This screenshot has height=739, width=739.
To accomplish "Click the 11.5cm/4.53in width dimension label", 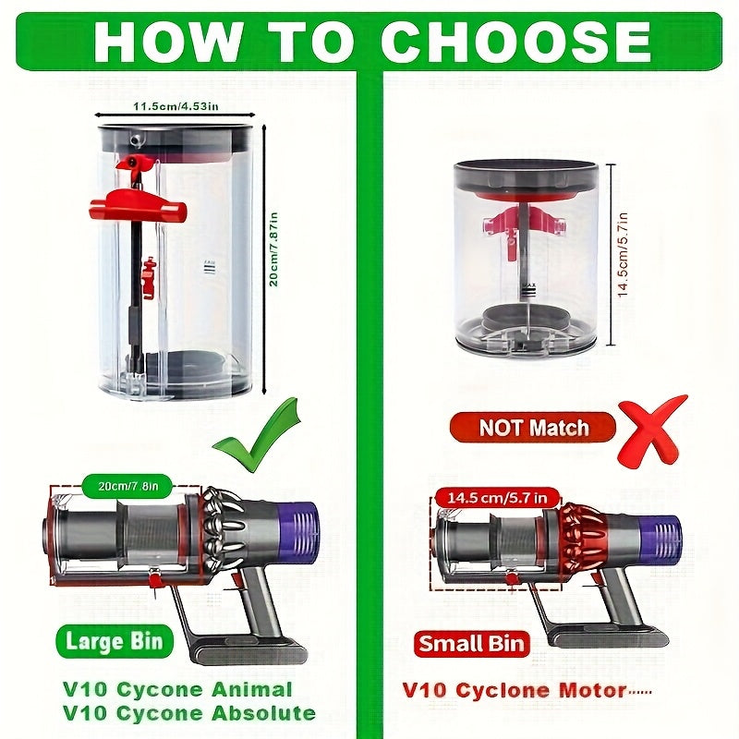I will click(176, 107).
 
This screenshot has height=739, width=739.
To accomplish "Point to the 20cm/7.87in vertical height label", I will click(273, 245).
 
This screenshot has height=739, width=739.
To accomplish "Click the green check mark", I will click(256, 434).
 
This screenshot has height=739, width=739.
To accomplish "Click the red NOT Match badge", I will click(533, 428).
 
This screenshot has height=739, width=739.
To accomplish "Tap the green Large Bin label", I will click(114, 640).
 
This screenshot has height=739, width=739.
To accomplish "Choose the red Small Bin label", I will click(471, 644).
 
